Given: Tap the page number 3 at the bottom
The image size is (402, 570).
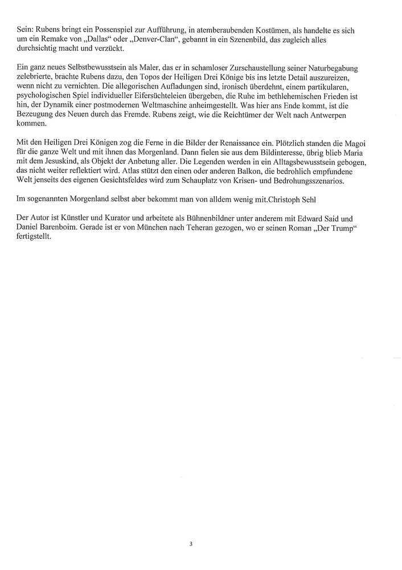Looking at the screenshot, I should pos(191,544).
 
